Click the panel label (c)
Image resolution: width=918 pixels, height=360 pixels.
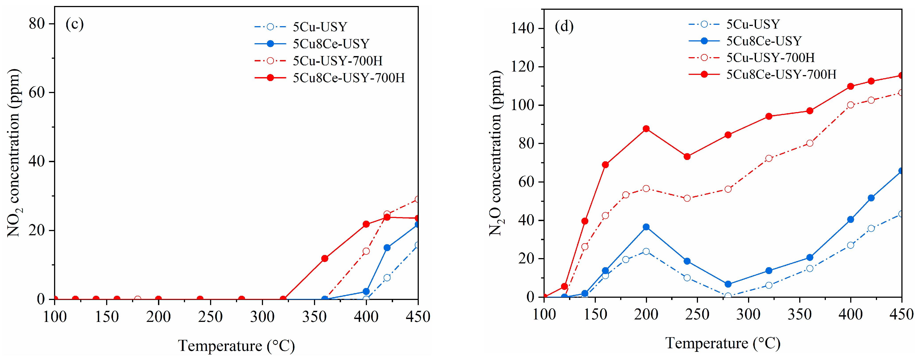click(74, 24)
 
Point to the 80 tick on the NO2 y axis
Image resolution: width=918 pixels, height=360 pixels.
click(37, 24)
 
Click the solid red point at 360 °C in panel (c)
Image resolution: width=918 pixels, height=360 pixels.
click(325, 258)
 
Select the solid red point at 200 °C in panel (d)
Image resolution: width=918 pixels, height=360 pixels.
click(646, 129)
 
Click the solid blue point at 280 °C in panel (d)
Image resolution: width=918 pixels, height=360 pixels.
click(728, 284)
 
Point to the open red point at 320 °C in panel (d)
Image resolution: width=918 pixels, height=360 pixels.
click(769, 158)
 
